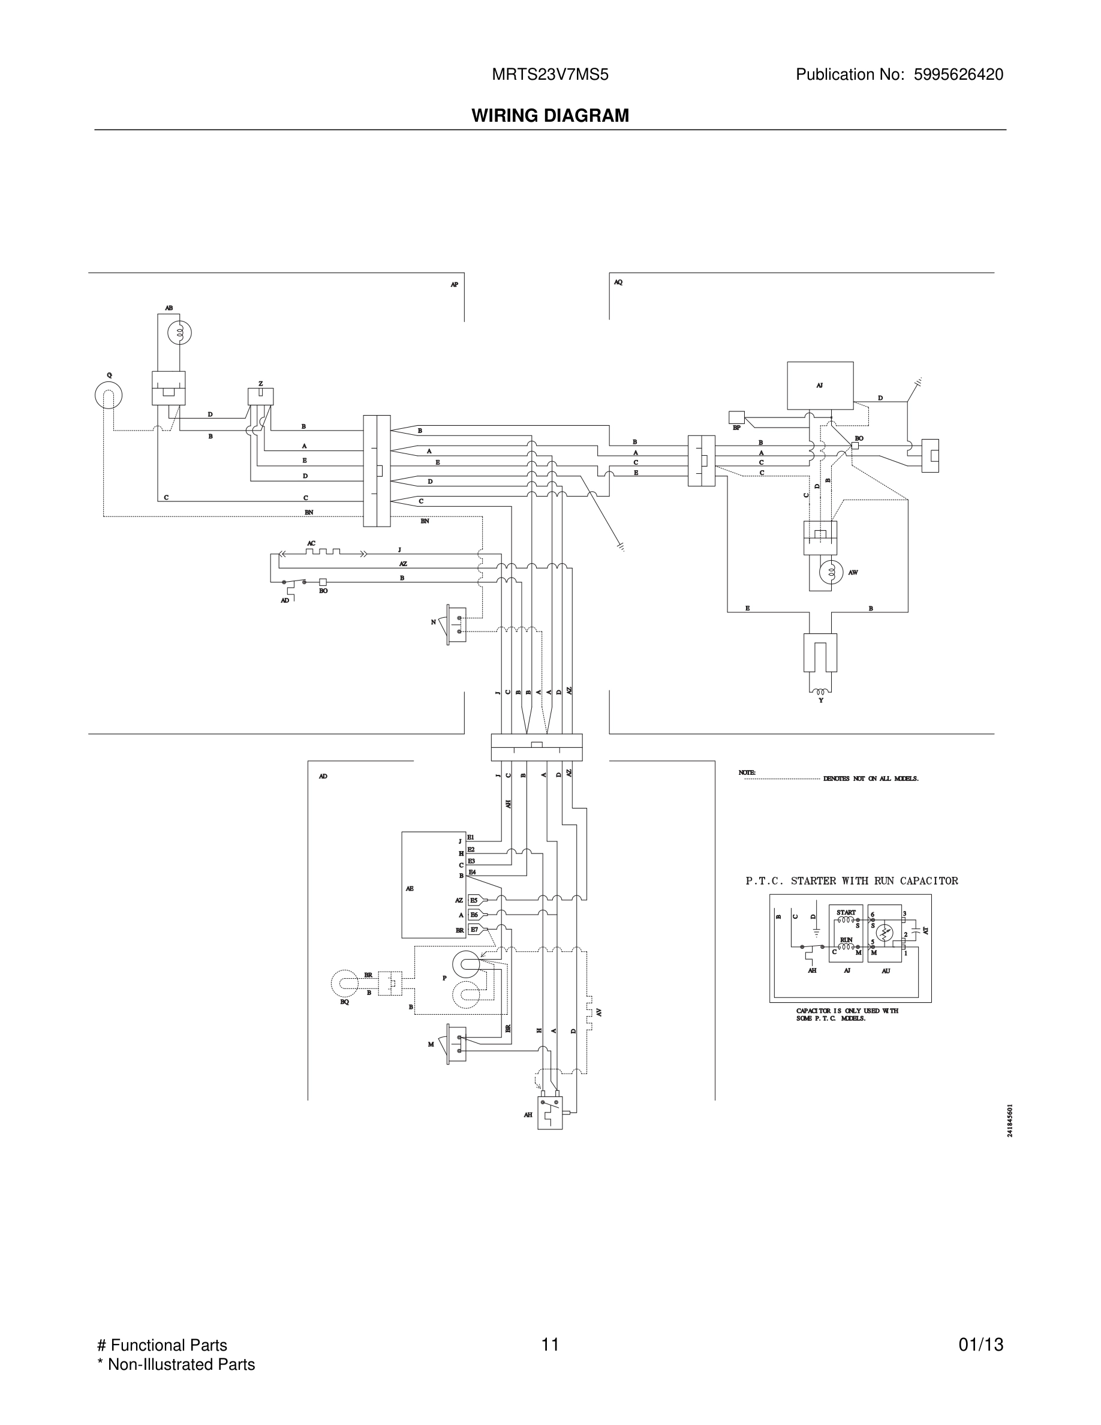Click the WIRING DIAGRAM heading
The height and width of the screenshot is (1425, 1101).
550,116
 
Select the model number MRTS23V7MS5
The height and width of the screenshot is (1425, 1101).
550,75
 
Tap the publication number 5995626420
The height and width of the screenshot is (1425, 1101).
958,75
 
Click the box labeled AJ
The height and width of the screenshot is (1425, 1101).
820,386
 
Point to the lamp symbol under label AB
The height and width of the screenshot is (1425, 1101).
179,333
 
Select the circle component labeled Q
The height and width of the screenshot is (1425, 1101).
109,395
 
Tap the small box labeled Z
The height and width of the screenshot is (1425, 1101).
260,396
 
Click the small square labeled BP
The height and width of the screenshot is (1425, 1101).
736,417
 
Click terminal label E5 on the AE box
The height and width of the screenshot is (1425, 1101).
474,900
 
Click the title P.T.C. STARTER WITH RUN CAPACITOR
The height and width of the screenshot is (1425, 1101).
851,881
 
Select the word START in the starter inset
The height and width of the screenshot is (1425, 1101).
846,913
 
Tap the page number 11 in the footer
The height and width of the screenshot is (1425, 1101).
550,1345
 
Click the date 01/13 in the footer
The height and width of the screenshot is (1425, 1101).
980,1345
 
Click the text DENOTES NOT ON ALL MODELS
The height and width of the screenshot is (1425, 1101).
870,779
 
